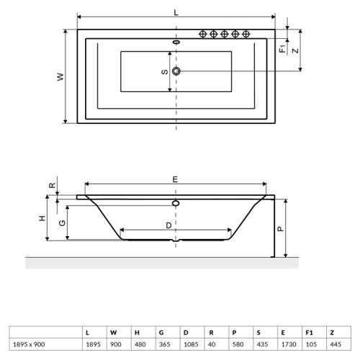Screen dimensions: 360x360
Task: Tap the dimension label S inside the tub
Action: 164,71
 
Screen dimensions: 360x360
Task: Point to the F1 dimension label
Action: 283,50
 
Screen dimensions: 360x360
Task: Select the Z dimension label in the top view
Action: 294,50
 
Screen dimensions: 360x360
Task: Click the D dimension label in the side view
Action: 168,225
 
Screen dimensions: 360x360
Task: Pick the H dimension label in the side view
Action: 42,217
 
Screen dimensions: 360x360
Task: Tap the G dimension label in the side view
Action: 62,222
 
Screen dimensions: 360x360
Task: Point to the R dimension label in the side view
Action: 51,185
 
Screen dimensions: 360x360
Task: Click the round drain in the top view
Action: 176,71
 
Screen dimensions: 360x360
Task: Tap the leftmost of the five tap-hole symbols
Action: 203,35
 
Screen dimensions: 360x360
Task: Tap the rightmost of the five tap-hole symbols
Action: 246,35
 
